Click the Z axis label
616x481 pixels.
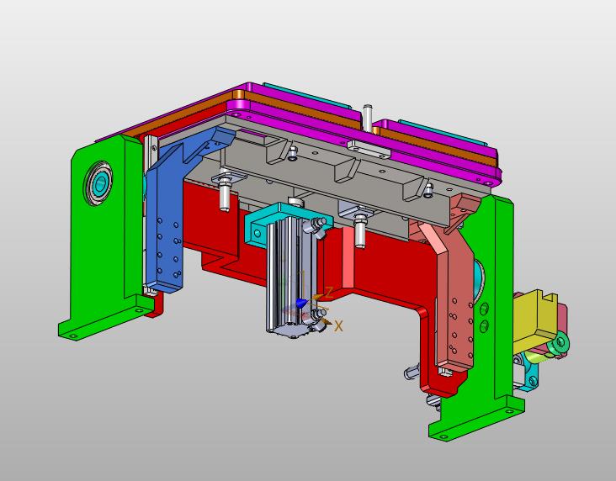329,292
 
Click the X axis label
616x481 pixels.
338,326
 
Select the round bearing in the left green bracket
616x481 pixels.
98,182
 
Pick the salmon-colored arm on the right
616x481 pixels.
452,283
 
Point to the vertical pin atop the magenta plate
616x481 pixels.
367,118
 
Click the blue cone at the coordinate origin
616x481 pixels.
301,303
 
